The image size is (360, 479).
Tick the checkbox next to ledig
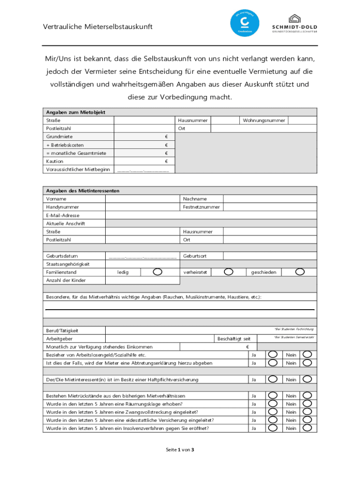pos(158,272)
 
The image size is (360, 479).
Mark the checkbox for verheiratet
pos(229,272)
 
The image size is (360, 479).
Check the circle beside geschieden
pos(300,272)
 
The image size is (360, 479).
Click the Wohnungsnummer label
pos(264,120)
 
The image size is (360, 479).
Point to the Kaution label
pos(54,161)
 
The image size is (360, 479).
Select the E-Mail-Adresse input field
pos(210,215)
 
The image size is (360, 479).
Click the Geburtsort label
pos(195,256)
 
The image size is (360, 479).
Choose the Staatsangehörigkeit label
pos(68,264)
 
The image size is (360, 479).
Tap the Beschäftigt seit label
pos(237,338)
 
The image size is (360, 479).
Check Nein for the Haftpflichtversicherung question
pos(307,379)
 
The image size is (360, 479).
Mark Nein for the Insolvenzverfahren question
pos(307,428)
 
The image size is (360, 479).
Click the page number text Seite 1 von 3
pos(180,450)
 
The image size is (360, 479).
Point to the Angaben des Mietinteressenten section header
pos(83,191)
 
